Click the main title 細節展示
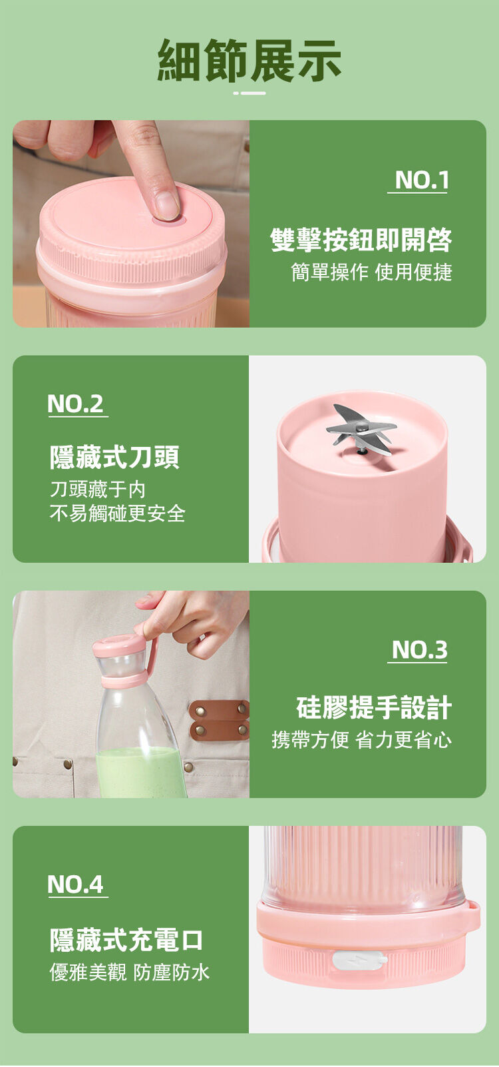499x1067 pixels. click(x=249, y=60)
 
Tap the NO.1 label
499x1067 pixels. click(x=421, y=180)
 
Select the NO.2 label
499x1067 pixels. click(x=75, y=404)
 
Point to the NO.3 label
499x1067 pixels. click(x=420, y=649)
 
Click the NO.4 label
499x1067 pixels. click(x=75, y=885)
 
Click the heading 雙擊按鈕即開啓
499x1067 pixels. click(x=361, y=240)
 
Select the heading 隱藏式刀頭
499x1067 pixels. click(x=114, y=457)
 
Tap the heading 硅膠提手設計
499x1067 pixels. click(x=374, y=707)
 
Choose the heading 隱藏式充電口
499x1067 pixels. click(x=126, y=940)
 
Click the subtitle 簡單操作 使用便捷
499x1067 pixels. click(x=371, y=272)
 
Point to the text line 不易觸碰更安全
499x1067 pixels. click(x=118, y=513)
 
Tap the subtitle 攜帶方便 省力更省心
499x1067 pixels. click(x=361, y=739)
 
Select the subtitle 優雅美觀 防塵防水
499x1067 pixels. click(x=129, y=972)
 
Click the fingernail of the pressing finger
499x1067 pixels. click(x=167, y=205)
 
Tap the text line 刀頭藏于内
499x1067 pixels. click(x=98, y=489)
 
